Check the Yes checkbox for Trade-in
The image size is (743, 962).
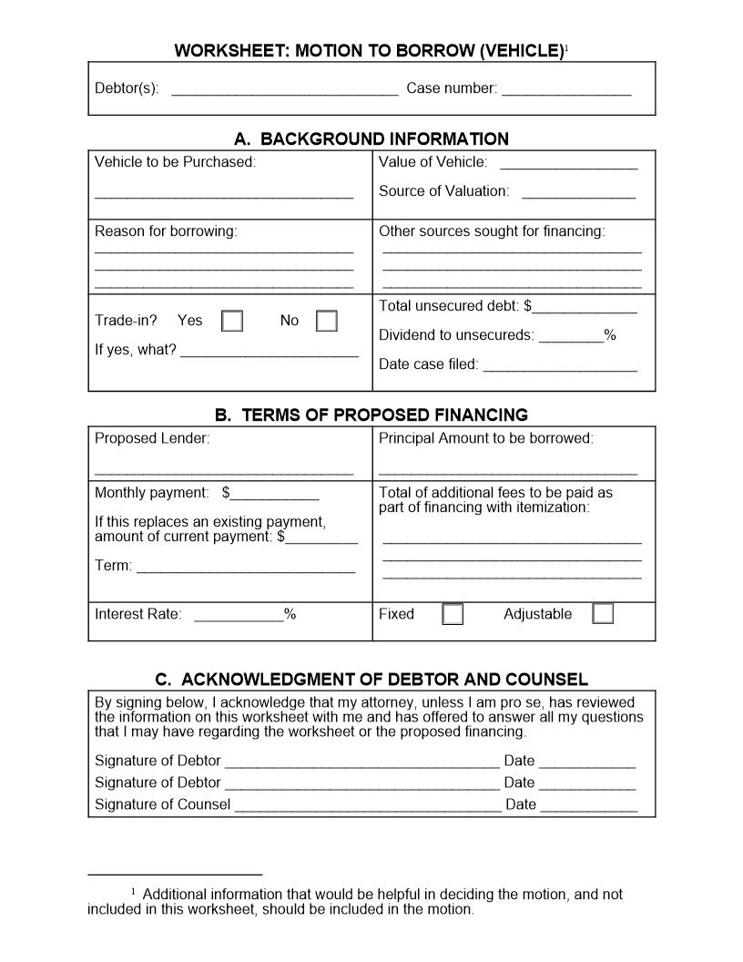(232, 321)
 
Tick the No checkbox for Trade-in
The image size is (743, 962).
(326, 321)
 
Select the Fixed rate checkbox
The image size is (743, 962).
(453, 614)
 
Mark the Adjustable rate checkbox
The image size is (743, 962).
(603, 614)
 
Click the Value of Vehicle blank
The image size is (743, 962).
(568, 165)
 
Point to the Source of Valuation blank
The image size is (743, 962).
(578, 194)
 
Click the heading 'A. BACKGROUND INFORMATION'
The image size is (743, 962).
(371, 139)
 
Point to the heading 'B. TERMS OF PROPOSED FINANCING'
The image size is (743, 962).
(371, 415)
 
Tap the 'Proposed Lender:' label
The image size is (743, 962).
(152, 438)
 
